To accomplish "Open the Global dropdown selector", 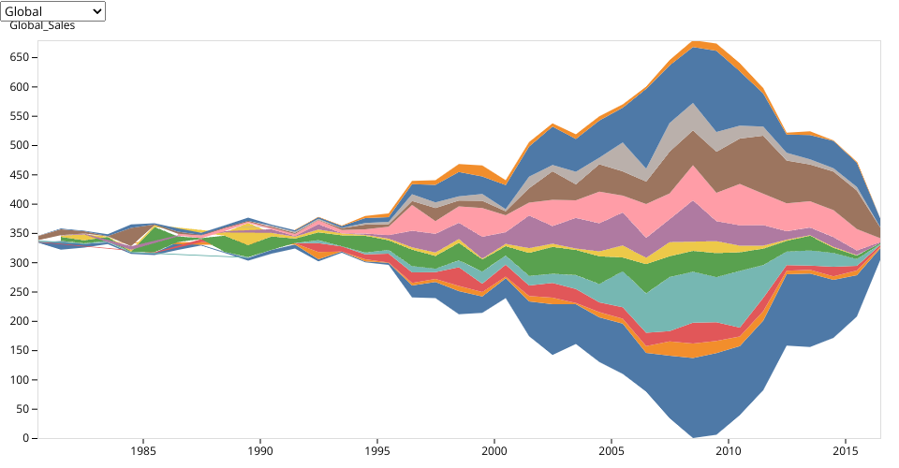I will tap(53, 11).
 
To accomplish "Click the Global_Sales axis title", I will tap(42, 25).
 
